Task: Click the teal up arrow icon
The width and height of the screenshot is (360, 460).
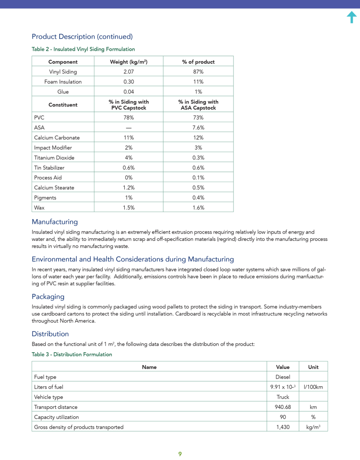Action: click(351, 17)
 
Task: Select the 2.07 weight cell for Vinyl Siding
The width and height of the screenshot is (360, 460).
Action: click(128, 71)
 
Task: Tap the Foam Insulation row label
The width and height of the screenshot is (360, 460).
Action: click(63, 82)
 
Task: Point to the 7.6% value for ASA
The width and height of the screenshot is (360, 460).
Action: click(198, 128)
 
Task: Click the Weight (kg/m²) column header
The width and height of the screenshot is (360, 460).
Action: click(128, 62)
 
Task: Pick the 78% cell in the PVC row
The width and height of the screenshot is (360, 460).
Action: click(128, 117)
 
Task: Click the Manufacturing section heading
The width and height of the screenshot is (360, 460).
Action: click(54, 222)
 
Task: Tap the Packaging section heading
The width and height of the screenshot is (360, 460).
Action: click(48, 296)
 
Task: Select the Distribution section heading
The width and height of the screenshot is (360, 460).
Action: click(50, 334)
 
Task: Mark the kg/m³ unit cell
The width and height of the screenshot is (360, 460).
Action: click(313, 427)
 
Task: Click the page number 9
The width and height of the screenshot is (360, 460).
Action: click(180, 454)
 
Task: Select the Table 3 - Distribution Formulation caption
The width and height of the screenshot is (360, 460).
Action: click(72, 354)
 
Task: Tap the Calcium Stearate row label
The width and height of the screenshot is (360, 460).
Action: click(54, 187)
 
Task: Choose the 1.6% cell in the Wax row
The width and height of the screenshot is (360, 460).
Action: click(198, 208)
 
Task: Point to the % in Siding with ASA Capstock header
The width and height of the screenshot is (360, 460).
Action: click(198, 105)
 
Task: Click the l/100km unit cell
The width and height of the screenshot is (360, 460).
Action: click(313, 387)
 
